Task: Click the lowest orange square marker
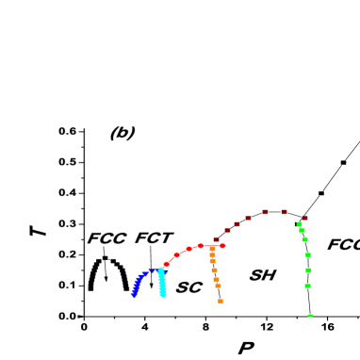[220, 301]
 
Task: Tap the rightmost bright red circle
[222, 246]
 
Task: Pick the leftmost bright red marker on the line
[167, 265]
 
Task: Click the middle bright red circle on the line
[188, 249]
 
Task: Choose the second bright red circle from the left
[176, 255]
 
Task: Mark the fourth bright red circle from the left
[200, 246]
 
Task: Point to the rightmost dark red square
[304, 218]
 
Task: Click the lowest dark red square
[216, 239]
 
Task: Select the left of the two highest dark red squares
[265, 212]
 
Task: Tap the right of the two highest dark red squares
[284, 212]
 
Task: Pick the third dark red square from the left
[237, 224]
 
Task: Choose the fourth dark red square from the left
[249, 219]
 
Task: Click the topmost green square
[300, 224]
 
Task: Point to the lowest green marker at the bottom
[310, 315]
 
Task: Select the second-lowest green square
[307, 286]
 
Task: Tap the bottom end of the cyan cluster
[163, 295]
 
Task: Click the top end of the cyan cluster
[160, 270]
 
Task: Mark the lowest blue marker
[134, 295]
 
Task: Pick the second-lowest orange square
[218, 286]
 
